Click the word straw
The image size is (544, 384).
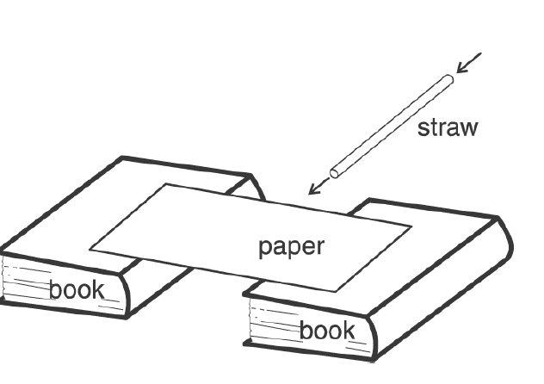[447, 128]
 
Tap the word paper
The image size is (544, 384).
[291, 247]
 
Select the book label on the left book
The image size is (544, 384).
[76, 289]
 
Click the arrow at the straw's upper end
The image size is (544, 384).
[469, 63]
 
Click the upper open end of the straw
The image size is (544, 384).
[448, 80]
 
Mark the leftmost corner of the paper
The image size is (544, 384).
[91, 251]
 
